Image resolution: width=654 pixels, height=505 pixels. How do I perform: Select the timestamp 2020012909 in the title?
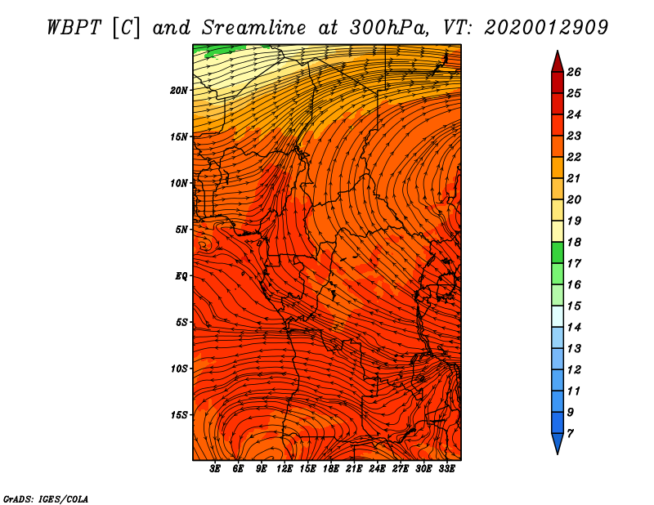click(x=545, y=26)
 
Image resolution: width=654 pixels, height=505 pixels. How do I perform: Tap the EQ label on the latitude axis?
click(x=181, y=276)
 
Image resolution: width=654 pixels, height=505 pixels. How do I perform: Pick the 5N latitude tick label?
click(x=181, y=230)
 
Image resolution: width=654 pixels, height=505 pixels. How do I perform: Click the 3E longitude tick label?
click(x=216, y=469)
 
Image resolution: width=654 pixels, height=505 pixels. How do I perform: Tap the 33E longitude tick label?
click(x=446, y=469)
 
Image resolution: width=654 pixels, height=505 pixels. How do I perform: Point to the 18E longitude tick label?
click(x=331, y=469)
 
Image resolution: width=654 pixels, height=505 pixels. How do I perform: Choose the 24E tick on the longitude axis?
click(x=377, y=469)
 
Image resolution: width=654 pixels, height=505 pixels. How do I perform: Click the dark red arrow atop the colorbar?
click(x=557, y=61)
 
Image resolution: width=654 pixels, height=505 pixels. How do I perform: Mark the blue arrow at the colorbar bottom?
click(x=557, y=443)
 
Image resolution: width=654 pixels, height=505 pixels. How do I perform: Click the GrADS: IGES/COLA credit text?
click(x=45, y=498)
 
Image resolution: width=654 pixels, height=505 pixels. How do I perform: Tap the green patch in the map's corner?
click(x=214, y=50)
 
